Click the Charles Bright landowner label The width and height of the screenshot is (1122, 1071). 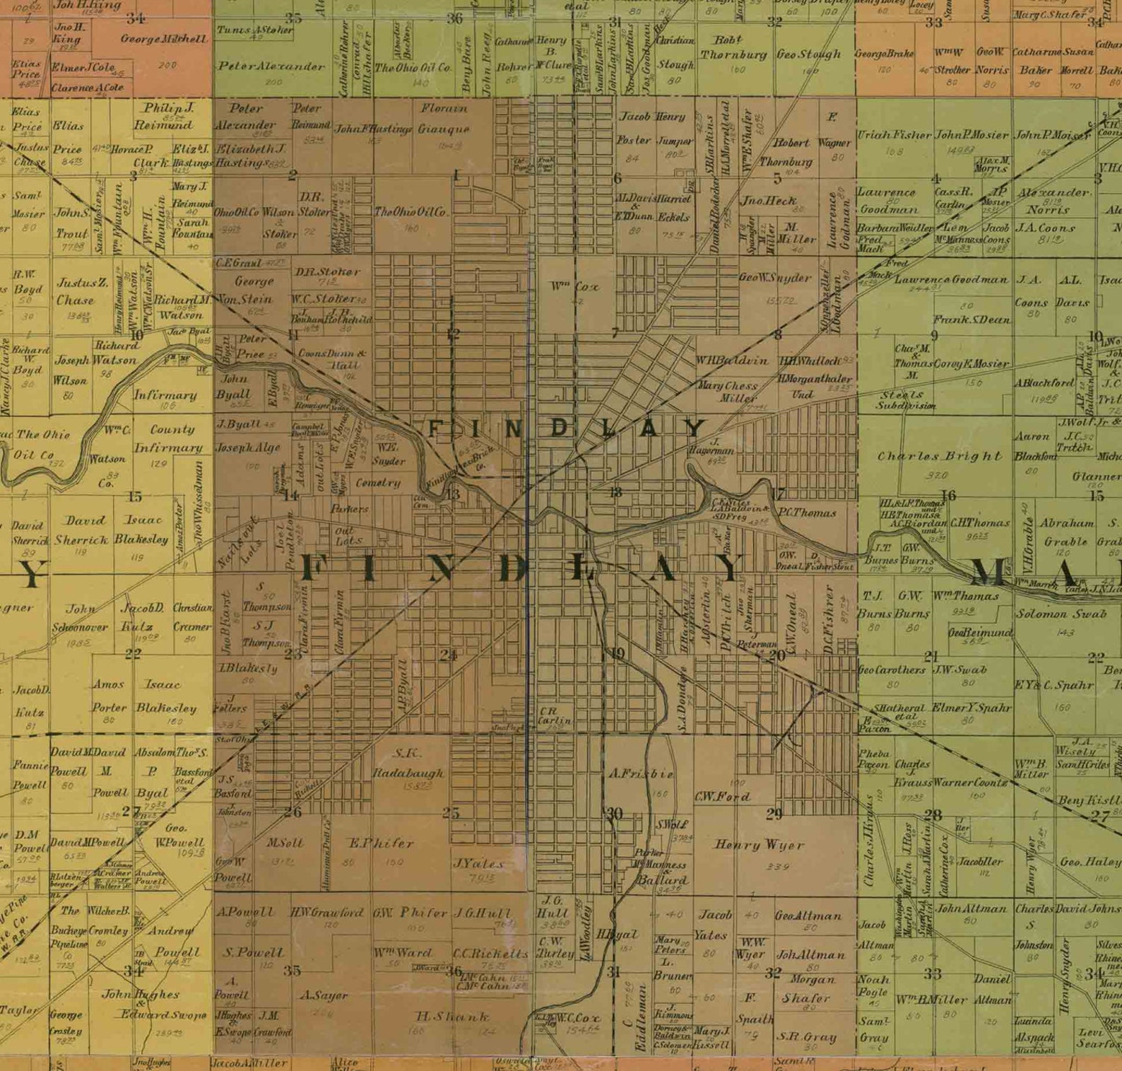pyautogui.click(x=939, y=457)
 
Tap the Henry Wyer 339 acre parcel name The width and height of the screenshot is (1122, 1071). pyautogui.click(x=760, y=845)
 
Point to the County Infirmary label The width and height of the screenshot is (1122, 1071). pyautogui.click(x=168, y=438)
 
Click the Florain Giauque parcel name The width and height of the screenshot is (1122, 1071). pyautogui.click(x=444, y=119)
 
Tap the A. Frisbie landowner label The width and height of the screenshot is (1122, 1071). pyautogui.click(x=641, y=774)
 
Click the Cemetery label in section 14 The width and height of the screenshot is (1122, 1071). pyautogui.click(x=378, y=483)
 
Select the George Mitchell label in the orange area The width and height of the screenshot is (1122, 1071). pyautogui.click(x=164, y=40)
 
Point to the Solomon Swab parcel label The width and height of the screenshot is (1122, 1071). pyautogui.click(x=1061, y=614)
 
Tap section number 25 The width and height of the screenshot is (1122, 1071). pyautogui.click(x=451, y=813)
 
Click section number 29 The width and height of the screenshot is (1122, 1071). pyautogui.click(x=774, y=814)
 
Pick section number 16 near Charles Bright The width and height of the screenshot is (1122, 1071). pyautogui.click(x=948, y=495)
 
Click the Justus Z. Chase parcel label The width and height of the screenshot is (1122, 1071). pyautogui.click(x=82, y=291)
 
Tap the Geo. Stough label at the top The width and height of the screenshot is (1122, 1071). pyautogui.click(x=808, y=54)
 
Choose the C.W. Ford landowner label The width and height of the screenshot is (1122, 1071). pyautogui.click(x=722, y=797)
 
